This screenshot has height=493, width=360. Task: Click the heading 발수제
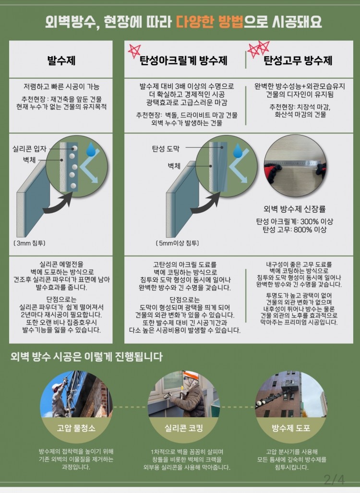click(61, 60)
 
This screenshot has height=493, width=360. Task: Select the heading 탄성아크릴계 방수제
click(183, 60)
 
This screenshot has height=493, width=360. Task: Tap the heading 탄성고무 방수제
click(298, 60)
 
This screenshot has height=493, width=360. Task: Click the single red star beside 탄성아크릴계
click(134, 50)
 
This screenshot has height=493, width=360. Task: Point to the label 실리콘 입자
click(29, 149)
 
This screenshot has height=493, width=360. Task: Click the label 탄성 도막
click(166, 149)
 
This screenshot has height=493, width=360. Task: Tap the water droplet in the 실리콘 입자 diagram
click(91, 150)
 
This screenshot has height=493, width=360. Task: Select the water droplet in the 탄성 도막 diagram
click(238, 151)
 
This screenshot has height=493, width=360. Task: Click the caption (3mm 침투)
click(30, 243)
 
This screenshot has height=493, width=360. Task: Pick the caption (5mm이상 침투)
click(177, 243)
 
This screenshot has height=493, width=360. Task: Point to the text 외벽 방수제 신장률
click(295, 209)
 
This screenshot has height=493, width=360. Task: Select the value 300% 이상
click(317, 222)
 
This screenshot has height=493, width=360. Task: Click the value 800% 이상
click(311, 230)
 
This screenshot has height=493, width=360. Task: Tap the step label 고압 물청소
click(76, 428)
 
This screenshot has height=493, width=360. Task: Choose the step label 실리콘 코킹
click(184, 428)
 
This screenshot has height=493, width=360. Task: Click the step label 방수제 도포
click(291, 428)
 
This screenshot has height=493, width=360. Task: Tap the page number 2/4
click(334, 480)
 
